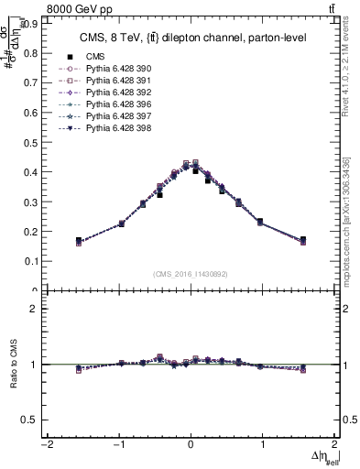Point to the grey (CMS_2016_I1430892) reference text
coord(190,273)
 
